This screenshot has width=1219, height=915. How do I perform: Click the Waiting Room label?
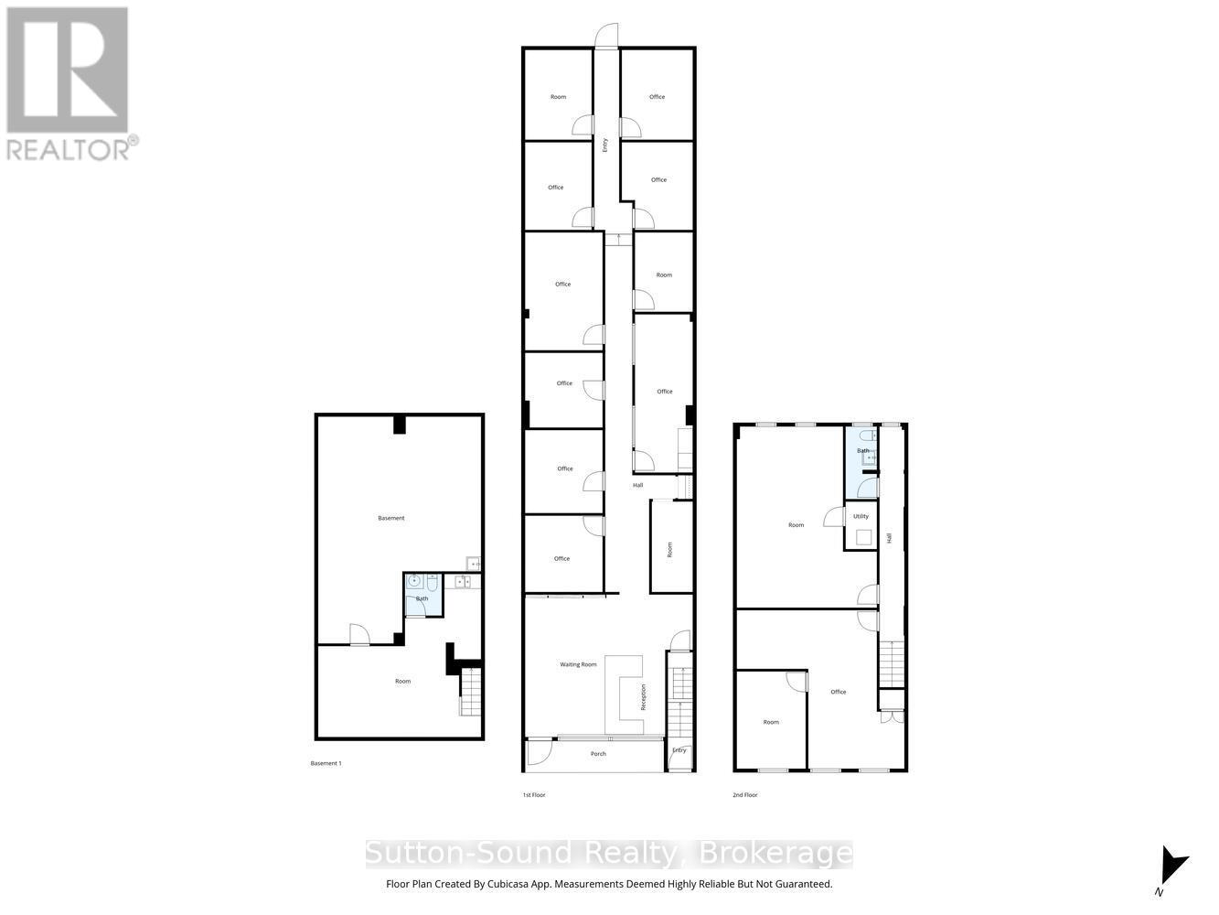click(578, 664)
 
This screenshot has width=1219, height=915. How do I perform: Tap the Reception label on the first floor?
click(644, 697)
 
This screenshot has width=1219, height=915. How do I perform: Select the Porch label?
click(598, 754)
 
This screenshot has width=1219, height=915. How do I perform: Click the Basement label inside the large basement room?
click(390, 518)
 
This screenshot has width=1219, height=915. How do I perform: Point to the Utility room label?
click(861, 516)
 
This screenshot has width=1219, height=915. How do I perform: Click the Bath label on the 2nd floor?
click(862, 450)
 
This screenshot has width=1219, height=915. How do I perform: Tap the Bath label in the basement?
click(422, 598)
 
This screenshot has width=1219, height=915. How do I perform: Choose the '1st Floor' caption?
click(534, 795)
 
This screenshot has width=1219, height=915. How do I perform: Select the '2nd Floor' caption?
click(744, 795)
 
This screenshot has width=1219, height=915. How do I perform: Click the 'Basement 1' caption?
click(326, 763)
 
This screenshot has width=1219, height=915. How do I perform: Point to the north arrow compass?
click(1170, 870)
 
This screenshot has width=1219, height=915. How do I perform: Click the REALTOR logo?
click(69, 84)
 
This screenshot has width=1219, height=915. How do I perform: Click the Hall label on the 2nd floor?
click(889, 539)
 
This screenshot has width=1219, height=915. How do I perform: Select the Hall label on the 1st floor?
click(637, 485)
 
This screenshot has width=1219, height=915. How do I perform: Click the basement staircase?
click(469, 692)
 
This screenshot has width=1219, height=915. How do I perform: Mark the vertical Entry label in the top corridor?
click(604, 144)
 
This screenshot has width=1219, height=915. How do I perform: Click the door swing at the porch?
click(540, 752)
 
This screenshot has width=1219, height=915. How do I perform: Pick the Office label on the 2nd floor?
click(839, 692)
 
